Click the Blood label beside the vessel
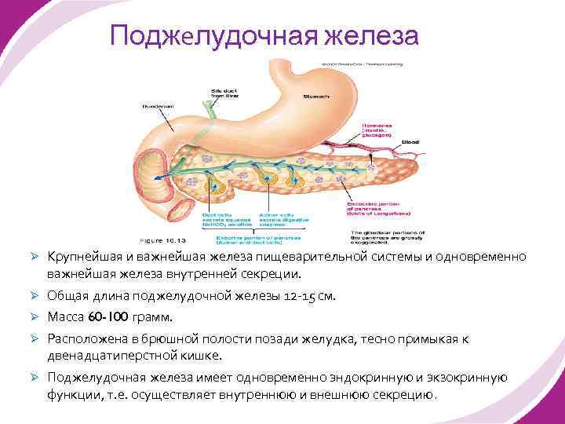pyautogui.click(x=410, y=142)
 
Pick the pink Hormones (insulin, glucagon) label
pyautogui.click(x=377, y=129)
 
